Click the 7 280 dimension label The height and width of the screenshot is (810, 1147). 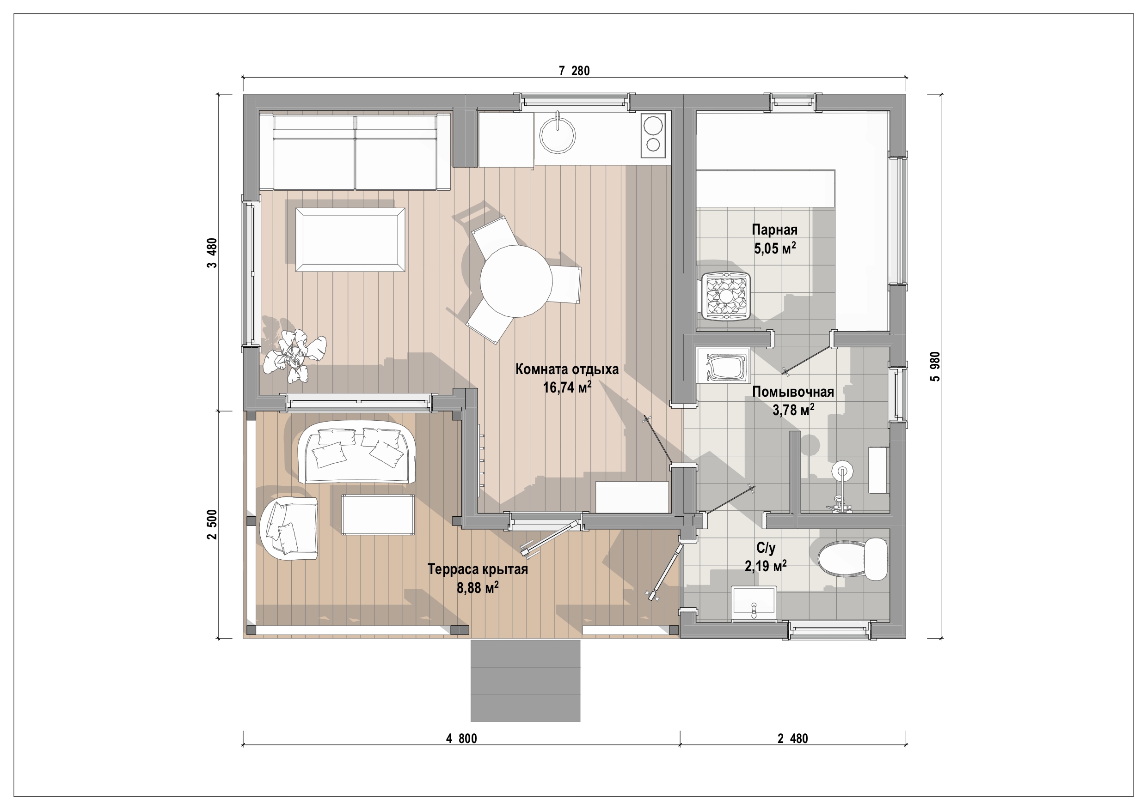click(574, 71)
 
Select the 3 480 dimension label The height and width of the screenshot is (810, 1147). click(212, 253)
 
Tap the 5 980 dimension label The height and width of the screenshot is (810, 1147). click(935, 366)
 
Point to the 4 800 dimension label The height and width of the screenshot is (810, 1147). click(461, 738)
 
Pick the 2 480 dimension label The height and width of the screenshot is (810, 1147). click(792, 738)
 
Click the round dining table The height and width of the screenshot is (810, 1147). click(516, 281)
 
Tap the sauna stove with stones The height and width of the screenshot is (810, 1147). click(725, 296)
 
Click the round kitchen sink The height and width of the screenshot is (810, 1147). click(558, 134)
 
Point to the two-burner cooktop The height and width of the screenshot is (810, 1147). click(653, 136)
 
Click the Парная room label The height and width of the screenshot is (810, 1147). click(774, 230)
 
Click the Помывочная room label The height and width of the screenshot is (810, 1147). click(793, 392)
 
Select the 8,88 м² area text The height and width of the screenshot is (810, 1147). click(478, 587)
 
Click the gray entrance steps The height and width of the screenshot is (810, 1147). click(525, 681)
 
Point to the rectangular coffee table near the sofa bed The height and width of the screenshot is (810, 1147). click(350, 240)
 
